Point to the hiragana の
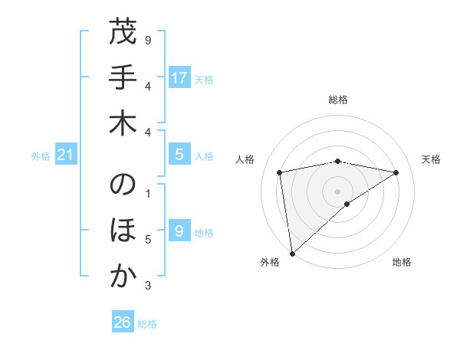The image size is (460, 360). click(123, 186)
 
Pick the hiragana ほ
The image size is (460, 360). click(123, 231)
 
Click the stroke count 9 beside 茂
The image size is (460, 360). click(147, 39)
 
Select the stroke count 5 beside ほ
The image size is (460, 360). click(147, 240)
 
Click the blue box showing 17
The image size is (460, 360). click(179, 77)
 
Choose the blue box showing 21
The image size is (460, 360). click(66, 155)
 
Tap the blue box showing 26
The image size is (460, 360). click(123, 322)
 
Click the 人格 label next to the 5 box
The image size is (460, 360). click(204, 156)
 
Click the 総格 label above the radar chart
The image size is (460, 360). click(337, 100)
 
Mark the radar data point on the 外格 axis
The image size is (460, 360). click(292, 253)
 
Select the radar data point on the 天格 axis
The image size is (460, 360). click(396, 172)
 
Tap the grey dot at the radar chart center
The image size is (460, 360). click(337, 191)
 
